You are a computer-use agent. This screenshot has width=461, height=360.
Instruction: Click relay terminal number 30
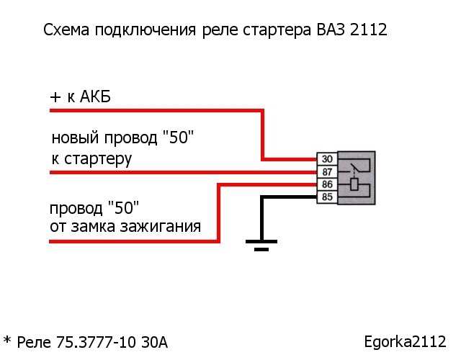(326, 159)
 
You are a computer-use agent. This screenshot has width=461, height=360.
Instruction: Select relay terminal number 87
(326, 172)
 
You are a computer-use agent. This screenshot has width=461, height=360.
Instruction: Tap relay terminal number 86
(326, 185)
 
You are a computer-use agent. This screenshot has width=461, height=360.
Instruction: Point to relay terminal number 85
(326, 197)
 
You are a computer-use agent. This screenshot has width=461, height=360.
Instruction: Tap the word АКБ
(93, 97)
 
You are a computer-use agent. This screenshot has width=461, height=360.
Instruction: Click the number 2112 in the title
(369, 31)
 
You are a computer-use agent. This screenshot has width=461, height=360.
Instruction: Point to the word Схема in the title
(66, 31)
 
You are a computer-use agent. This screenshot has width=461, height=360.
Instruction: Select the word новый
(74, 138)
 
